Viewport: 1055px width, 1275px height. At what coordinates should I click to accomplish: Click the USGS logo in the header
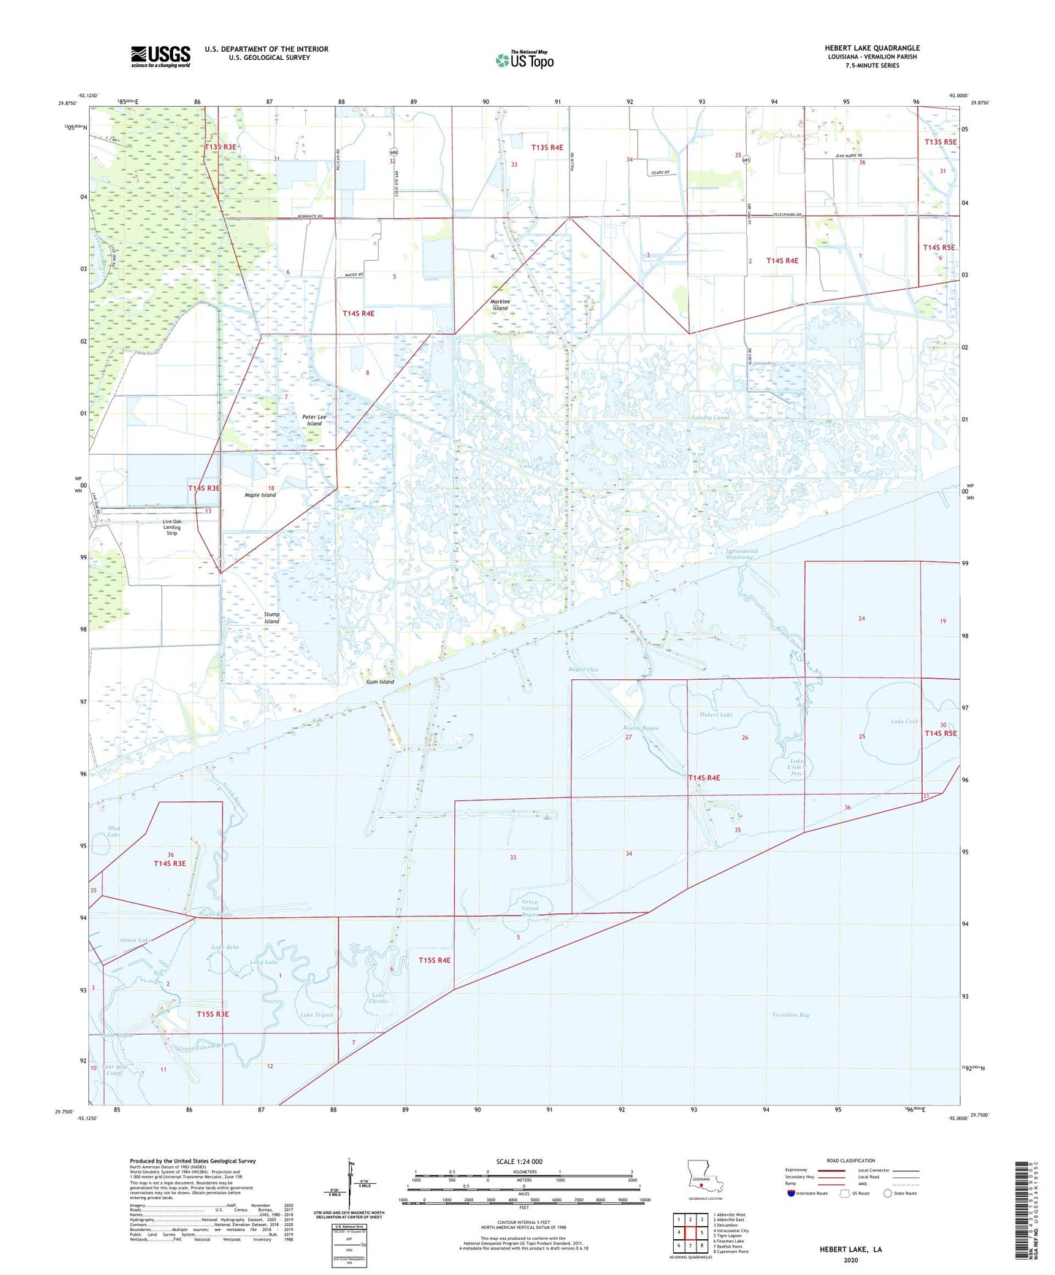pos(161,56)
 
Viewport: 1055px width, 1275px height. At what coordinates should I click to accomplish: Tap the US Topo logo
pos(524,60)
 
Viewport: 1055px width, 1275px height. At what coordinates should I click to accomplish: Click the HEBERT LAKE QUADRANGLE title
pos(872,48)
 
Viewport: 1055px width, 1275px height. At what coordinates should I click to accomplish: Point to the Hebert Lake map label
pos(716,715)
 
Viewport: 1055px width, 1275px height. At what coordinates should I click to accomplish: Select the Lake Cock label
pos(904,721)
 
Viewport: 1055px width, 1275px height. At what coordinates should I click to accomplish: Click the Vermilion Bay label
pos(790,1014)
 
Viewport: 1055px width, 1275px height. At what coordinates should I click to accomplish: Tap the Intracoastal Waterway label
pos(741,554)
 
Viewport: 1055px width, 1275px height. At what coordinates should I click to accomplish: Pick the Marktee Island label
pos(499,305)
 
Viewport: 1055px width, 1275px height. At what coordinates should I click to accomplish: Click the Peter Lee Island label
pos(314,420)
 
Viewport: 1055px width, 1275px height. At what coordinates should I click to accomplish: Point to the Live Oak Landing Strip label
pos(172,527)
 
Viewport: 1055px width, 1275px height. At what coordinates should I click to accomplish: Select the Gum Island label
pos(380,682)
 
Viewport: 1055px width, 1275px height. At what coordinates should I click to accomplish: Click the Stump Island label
pos(272,618)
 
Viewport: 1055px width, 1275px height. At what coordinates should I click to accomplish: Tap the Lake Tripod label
pos(316,1014)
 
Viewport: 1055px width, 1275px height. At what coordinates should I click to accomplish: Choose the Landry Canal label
pos(710,418)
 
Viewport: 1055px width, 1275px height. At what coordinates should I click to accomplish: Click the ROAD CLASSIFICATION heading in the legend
pos(851,1160)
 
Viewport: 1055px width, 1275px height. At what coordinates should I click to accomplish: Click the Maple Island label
pos(260,495)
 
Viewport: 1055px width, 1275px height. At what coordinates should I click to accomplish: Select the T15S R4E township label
pos(434,960)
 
